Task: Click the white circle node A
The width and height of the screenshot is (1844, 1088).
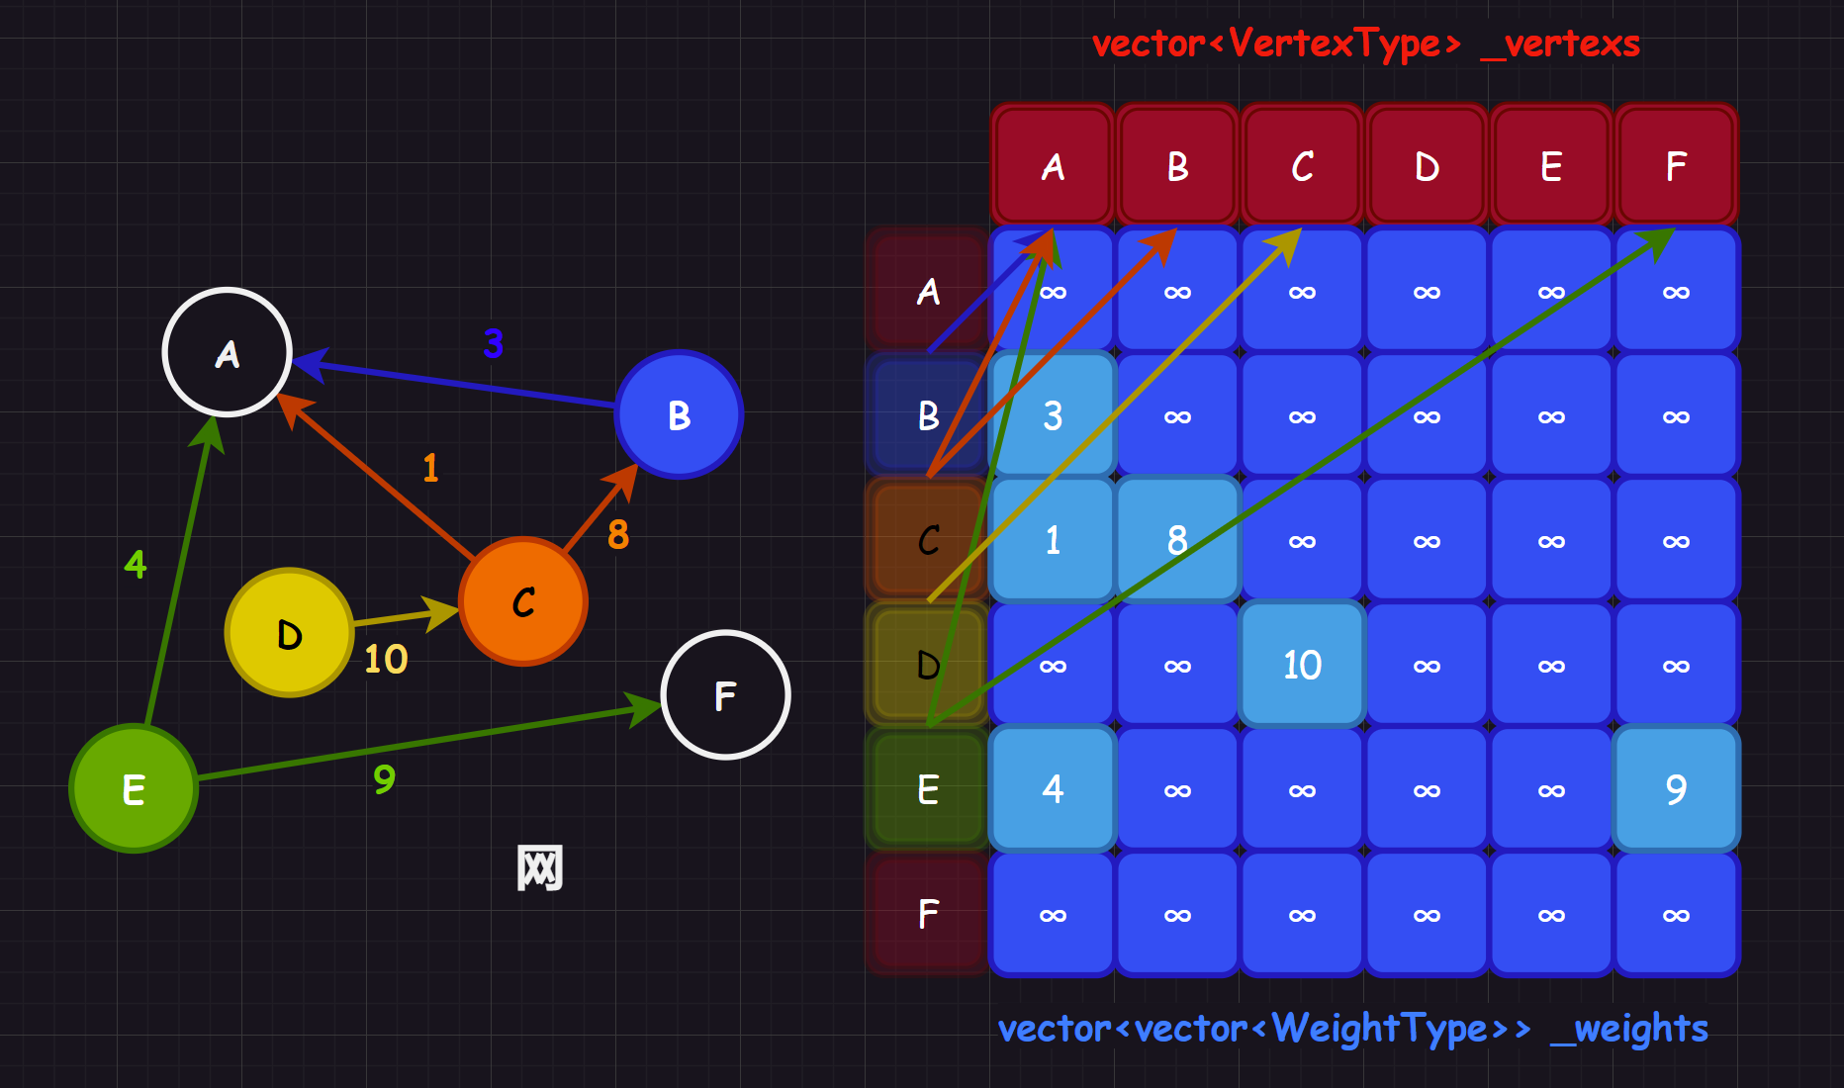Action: [228, 352]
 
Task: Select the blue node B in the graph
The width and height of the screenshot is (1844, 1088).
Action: [679, 415]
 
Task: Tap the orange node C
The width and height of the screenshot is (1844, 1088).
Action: [523, 601]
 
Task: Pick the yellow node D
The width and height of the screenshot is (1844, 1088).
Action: [289, 633]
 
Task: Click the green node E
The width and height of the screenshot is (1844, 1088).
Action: [134, 788]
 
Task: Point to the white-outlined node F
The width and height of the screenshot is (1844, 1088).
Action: [725, 695]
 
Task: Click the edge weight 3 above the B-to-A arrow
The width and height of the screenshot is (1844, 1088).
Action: [493, 343]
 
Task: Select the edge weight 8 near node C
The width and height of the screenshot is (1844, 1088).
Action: [618, 534]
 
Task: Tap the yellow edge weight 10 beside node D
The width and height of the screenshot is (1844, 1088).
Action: [386, 659]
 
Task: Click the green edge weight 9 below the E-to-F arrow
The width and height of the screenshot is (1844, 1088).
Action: [384, 779]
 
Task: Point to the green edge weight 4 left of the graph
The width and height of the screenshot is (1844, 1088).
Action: [136, 564]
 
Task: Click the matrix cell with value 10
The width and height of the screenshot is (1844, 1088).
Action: [1302, 665]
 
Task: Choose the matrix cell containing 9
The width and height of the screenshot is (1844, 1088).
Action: [1676, 789]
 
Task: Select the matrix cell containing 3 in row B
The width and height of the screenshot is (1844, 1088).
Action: [1053, 415]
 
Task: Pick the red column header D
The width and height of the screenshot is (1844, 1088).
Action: [1427, 166]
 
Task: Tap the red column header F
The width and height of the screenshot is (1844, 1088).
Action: [1676, 166]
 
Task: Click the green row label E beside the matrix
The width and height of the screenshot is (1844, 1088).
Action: [928, 789]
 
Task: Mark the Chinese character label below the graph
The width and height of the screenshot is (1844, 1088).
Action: [540, 867]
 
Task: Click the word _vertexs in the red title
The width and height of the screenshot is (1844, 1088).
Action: [1560, 44]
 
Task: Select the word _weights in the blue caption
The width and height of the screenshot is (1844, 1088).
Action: [1629, 1029]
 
